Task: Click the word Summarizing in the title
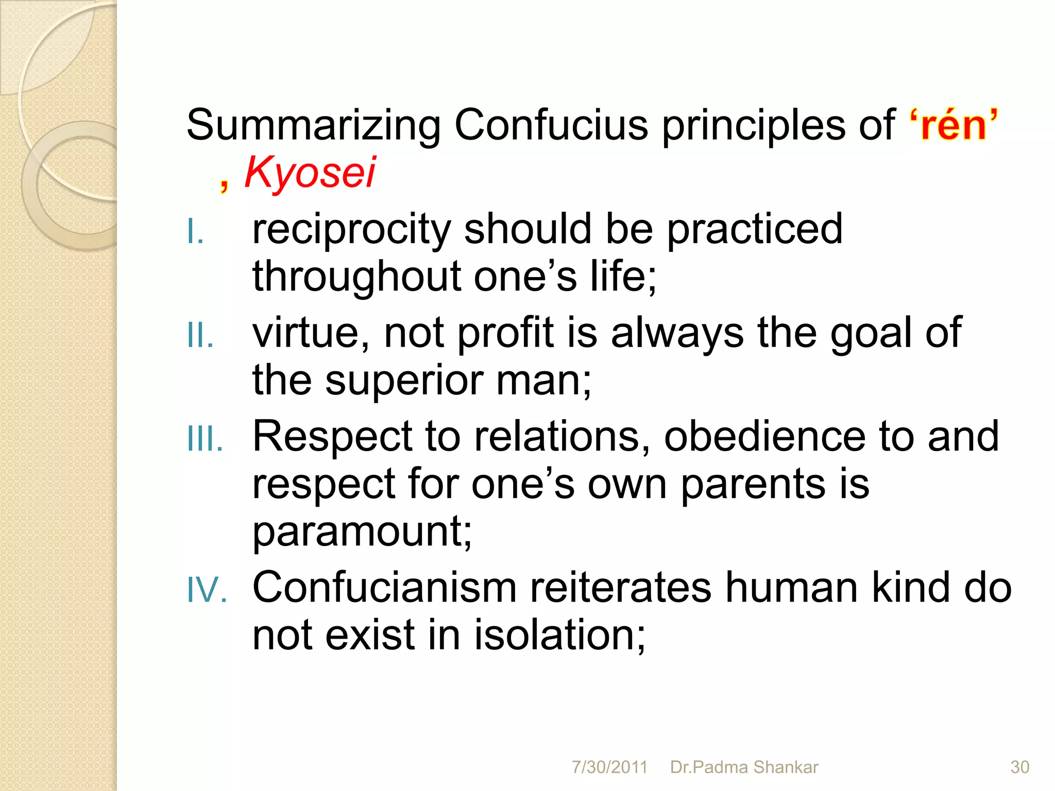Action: (313, 125)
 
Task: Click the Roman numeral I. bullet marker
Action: (196, 231)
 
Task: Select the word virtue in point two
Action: (311, 333)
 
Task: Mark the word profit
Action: (505, 333)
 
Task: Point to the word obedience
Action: (764, 437)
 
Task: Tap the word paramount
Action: (361, 532)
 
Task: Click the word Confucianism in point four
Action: (384, 588)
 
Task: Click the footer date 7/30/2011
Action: (609, 767)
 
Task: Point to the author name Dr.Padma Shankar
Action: (744, 767)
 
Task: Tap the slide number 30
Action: (1019, 767)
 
